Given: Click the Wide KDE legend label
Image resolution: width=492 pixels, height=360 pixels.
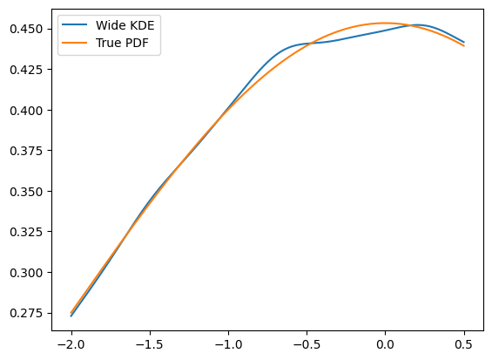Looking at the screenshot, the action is pyautogui.click(x=125, y=25).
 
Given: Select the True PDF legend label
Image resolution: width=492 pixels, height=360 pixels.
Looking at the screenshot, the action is pyautogui.click(x=122, y=43).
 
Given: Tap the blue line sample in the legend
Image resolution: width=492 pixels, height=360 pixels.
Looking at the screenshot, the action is pyautogui.click(x=75, y=24).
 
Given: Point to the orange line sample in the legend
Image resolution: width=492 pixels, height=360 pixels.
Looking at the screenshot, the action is pyautogui.click(x=75, y=43).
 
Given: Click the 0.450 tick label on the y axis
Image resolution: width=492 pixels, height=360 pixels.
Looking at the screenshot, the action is pyautogui.click(x=26, y=30).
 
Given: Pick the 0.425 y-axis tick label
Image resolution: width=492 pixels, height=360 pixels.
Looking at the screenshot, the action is pyautogui.click(x=26, y=70).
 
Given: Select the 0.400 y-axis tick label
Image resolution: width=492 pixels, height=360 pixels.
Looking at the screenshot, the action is pyautogui.click(x=26, y=111).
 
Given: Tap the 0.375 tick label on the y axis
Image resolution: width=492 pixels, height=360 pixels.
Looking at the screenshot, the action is pyautogui.click(x=26, y=151).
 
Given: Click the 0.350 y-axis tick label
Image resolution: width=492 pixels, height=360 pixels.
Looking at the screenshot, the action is pyautogui.click(x=26, y=192).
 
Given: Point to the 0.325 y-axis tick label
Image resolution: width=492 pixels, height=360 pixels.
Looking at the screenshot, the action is pyautogui.click(x=26, y=232).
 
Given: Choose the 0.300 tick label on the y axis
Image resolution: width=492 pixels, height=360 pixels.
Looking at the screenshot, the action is pyautogui.click(x=26, y=273).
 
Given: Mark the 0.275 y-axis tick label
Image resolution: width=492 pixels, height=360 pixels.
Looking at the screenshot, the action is pyautogui.click(x=26, y=313).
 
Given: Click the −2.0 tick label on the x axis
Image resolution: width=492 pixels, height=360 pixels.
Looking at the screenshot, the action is pyautogui.click(x=71, y=345).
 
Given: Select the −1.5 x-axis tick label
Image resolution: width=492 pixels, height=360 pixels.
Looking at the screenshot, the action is pyautogui.click(x=150, y=345).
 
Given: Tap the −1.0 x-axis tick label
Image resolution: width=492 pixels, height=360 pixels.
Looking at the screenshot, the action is pyautogui.click(x=228, y=345).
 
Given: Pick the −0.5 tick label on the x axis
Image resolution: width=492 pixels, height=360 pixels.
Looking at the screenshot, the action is pyautogui.click(x=307, y=345).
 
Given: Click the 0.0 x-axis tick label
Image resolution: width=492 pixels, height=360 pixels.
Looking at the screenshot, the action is pyautogui.click(x=385, y=345).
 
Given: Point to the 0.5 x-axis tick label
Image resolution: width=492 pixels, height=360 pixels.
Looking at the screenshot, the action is pyautogui.click(x=464, y=345).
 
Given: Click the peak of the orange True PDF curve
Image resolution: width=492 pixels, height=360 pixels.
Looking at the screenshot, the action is pyautogui.click(x=385, y=23).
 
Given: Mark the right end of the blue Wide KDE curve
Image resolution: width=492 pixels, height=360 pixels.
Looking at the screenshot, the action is pyautogui.click(x=464, y=42).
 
